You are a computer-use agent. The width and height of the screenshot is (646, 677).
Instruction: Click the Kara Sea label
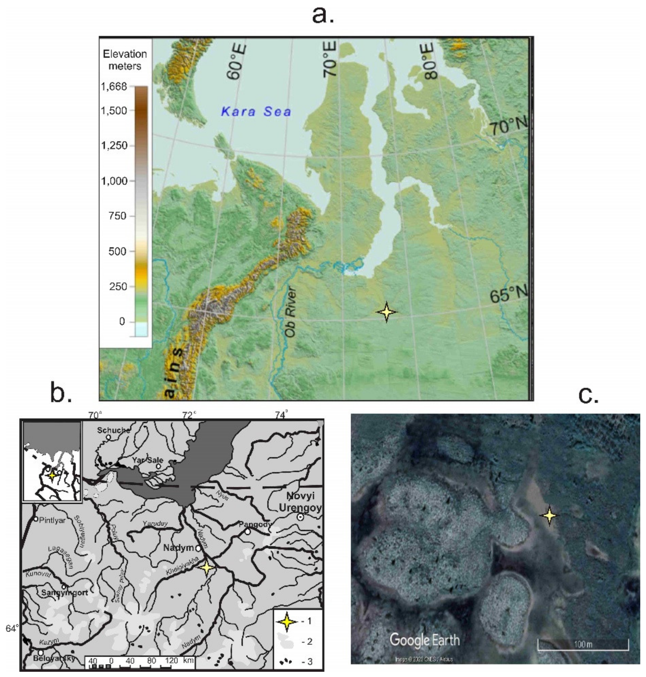click(x=256, y=112)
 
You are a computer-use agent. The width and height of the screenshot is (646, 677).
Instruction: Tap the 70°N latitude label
click(x=508, y=126)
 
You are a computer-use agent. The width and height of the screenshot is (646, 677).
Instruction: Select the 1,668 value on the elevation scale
click(x=114, y=86)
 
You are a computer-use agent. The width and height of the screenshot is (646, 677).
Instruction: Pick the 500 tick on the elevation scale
click(x=117, y=251)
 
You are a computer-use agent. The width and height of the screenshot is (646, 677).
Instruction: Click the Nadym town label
click(x=178, y=548)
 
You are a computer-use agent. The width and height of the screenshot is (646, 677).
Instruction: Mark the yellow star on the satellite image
click(x=549, y=515)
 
